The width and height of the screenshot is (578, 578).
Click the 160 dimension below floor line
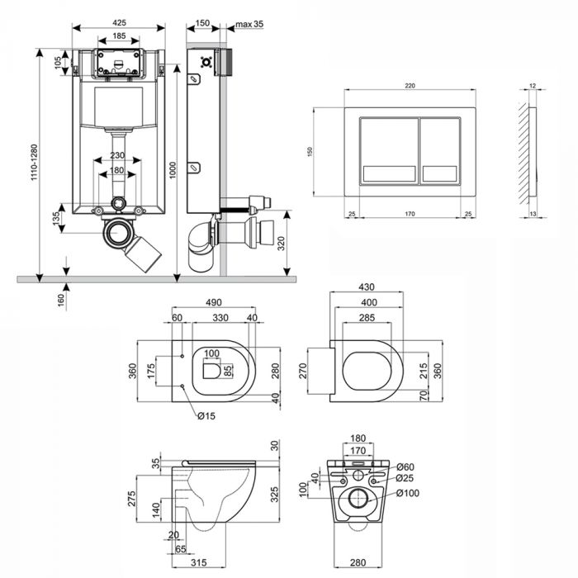[61, 299]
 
